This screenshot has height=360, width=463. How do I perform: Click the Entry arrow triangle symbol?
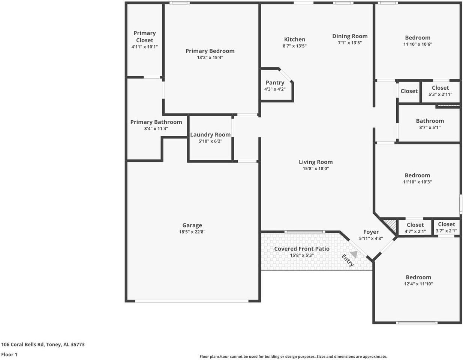(354, 254)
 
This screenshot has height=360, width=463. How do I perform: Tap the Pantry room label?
(275, 82)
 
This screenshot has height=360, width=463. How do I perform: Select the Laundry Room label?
(210, 135)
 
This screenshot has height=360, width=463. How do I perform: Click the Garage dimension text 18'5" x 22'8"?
(192, 232)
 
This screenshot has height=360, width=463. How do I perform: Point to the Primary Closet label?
(145, 37)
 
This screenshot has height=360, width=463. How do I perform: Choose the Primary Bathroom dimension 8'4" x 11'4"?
(156, 129)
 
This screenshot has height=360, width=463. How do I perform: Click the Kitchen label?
(295, 39)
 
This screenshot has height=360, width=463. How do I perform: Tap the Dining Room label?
(350, 36)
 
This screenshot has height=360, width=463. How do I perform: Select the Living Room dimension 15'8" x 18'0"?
(316, 169)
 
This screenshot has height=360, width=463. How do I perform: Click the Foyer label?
(371, 232)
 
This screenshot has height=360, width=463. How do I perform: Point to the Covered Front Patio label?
(302, 249)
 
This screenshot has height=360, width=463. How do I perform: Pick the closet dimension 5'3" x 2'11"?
(440, 94)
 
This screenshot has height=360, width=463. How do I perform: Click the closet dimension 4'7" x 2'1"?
(415, 231)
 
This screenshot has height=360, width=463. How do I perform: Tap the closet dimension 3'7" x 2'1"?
(446, 231)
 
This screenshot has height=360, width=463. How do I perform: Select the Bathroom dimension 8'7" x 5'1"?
(430, 127)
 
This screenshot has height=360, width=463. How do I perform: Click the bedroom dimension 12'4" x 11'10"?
(418, 284)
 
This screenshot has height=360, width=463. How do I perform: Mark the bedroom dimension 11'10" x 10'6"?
(418, 44)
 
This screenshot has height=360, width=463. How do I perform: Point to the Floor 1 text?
(9, 354)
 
